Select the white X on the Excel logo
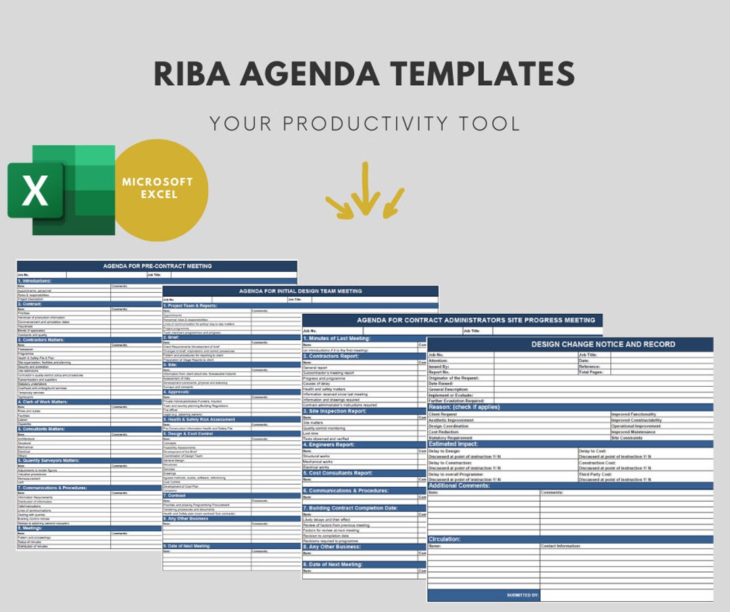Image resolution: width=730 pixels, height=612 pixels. (x=35, y=191)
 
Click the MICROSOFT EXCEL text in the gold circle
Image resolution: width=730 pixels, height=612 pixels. (x=157, y=188)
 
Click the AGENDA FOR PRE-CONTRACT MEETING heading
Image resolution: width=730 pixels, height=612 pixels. (x=157, y=266)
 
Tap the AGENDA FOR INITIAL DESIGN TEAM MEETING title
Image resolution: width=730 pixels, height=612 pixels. (x=300, y=291)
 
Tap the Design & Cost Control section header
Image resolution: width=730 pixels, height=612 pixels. (x=189, y=433)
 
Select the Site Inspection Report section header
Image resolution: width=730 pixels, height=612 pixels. (x=335, y=411)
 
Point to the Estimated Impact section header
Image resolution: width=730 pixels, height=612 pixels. (x=454, y=444)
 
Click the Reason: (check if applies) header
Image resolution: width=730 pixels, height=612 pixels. (x=464, y=407)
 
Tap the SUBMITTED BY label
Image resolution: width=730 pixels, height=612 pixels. (x=522, y=595)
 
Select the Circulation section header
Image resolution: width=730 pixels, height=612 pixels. (x=444, y=539)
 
